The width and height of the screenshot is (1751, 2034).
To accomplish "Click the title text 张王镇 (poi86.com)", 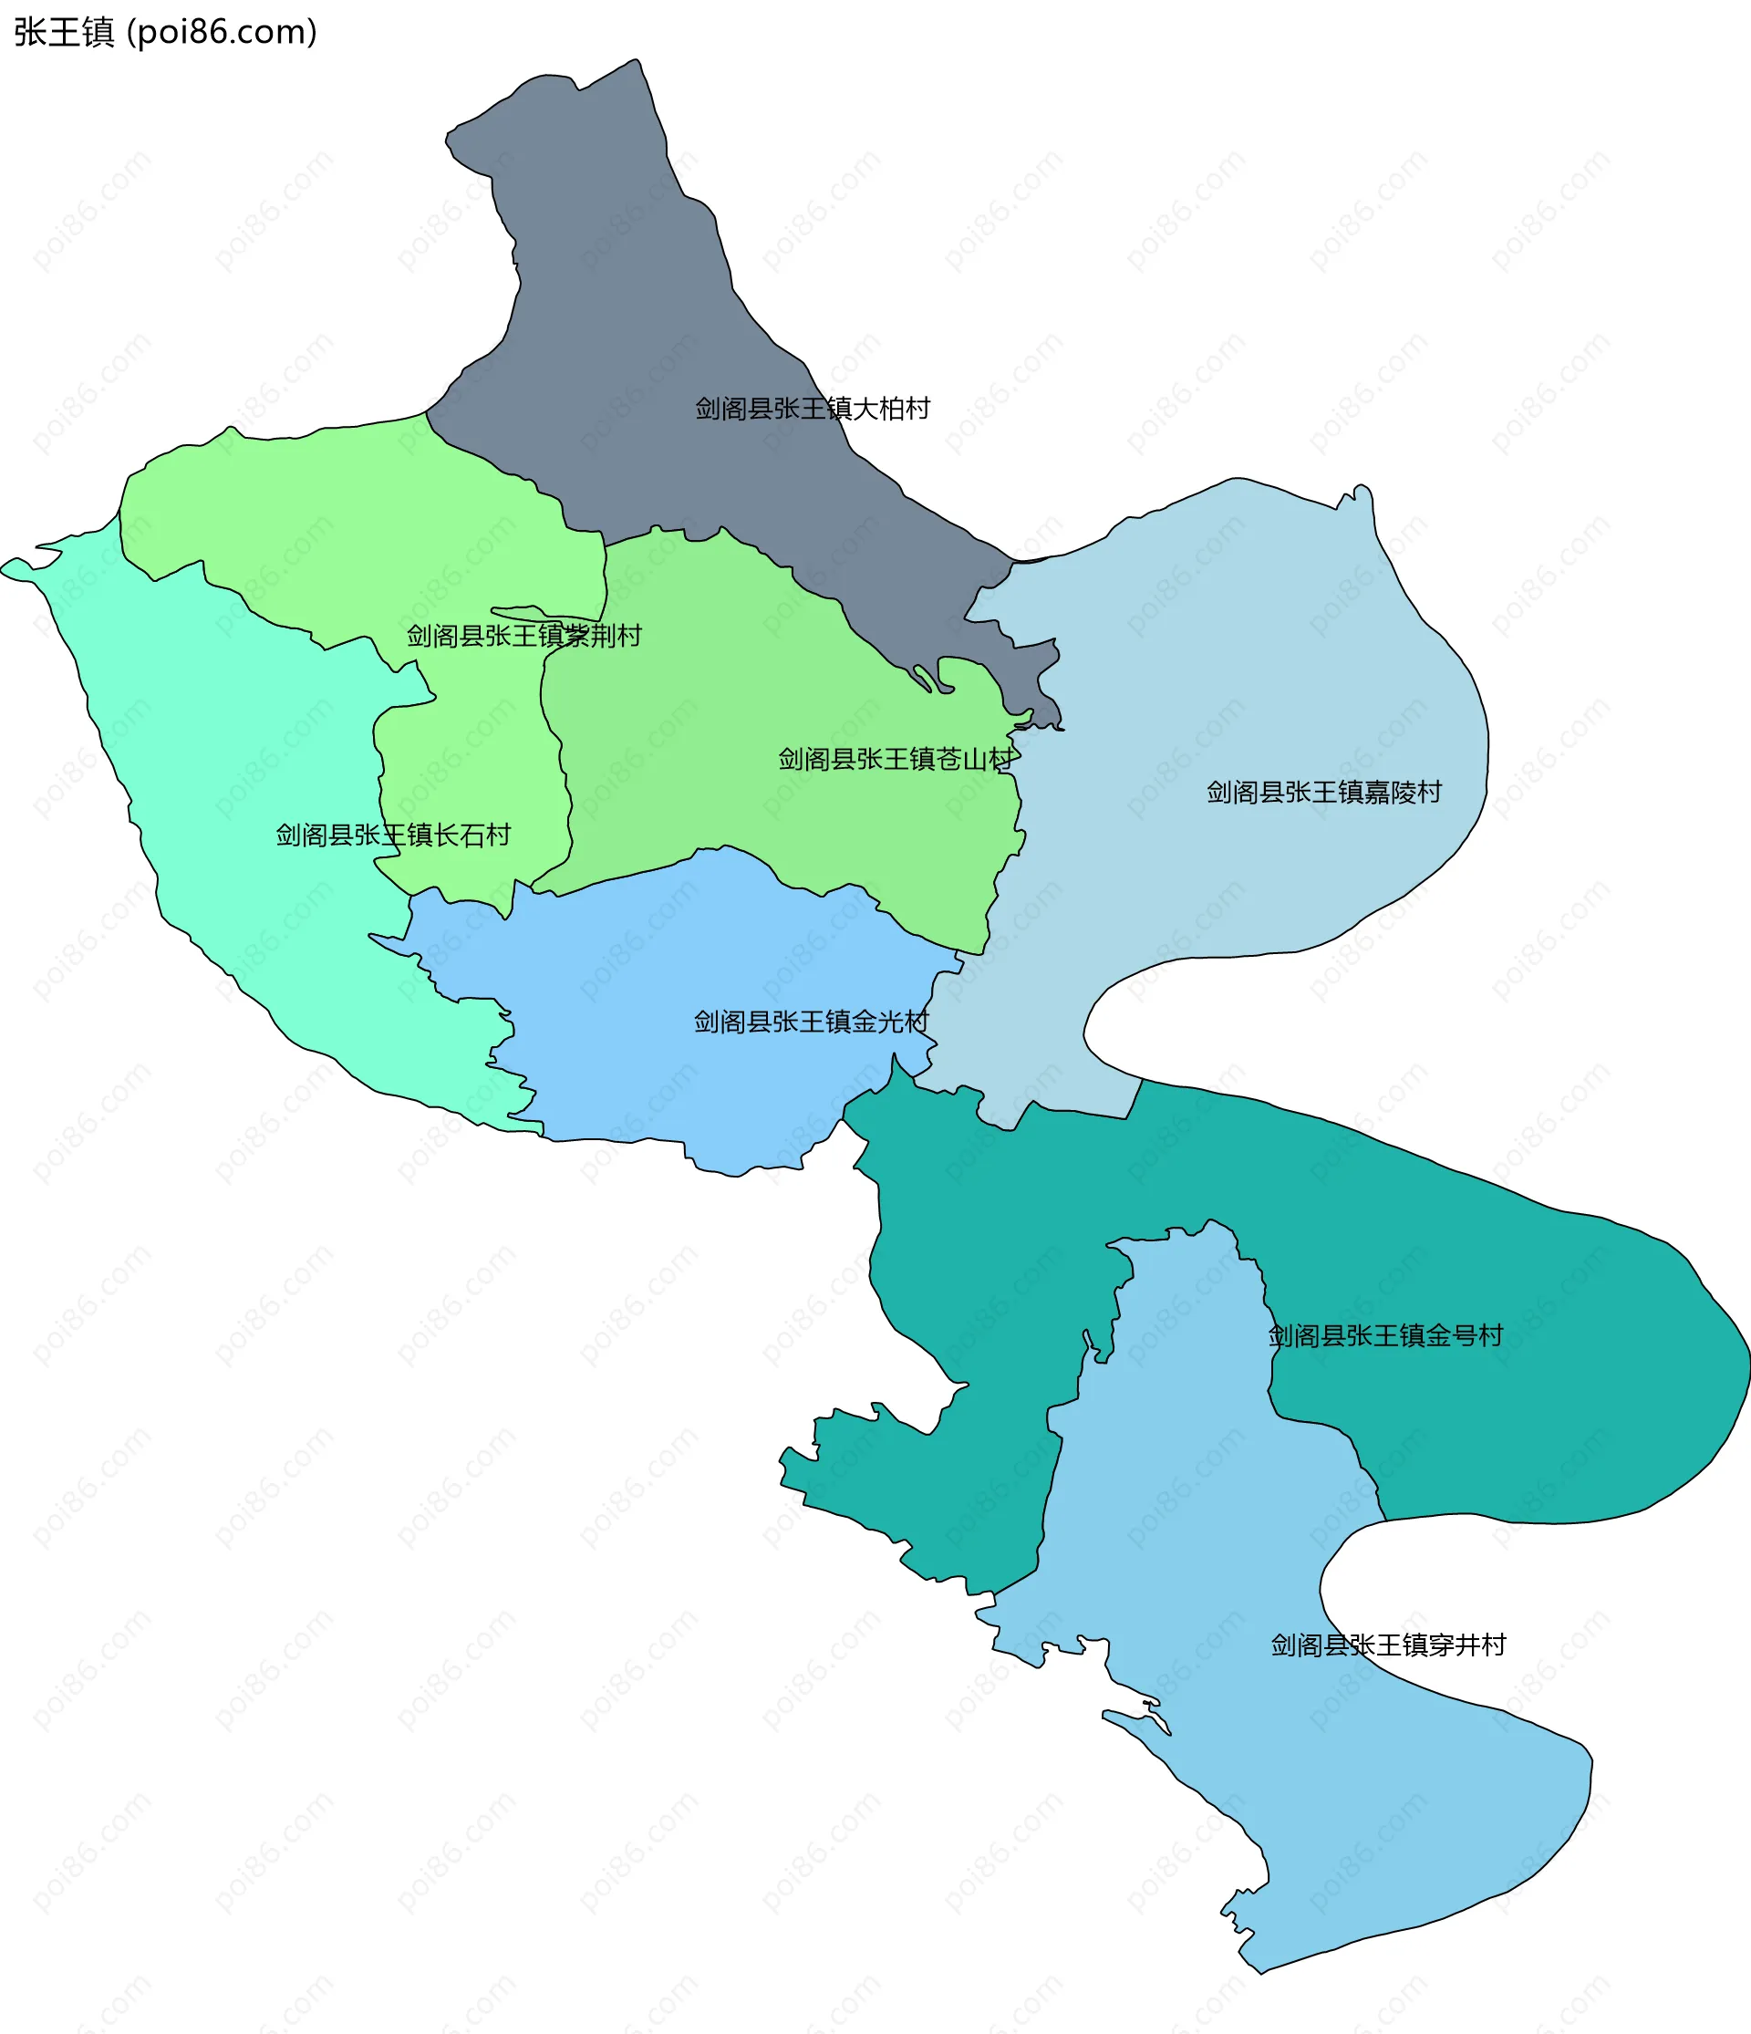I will [x=165, y=33].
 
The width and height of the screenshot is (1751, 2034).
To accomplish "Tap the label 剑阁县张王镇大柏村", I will [x=812, y=409].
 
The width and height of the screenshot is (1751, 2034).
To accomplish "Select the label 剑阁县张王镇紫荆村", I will [x=524, y=635].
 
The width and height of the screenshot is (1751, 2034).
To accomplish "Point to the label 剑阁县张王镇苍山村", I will [x=896, y=759].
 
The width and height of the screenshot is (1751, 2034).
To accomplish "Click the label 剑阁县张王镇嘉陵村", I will [x=1323, y=793].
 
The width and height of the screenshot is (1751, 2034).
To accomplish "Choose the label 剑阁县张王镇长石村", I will [x=392, y=835].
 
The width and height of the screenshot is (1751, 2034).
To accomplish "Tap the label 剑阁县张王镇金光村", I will [x=811, y=1022].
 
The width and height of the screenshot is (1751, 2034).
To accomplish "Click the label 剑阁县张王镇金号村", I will [x=1385, y=1335].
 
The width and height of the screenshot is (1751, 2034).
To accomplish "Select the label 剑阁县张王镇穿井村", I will [x=1388, y=1645].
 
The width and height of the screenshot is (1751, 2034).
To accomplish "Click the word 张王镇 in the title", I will [x=64, y=33].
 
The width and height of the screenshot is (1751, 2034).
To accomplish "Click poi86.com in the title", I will [x=223, y=33].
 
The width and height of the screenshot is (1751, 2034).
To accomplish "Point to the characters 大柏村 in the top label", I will [x=890, y=409].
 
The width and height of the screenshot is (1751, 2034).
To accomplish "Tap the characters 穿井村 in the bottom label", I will [x=1466, y=1645].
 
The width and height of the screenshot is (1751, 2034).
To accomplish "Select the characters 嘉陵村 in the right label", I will [x=1402, y=793].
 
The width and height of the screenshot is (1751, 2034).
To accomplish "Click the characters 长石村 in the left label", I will [x=472, y=835].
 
